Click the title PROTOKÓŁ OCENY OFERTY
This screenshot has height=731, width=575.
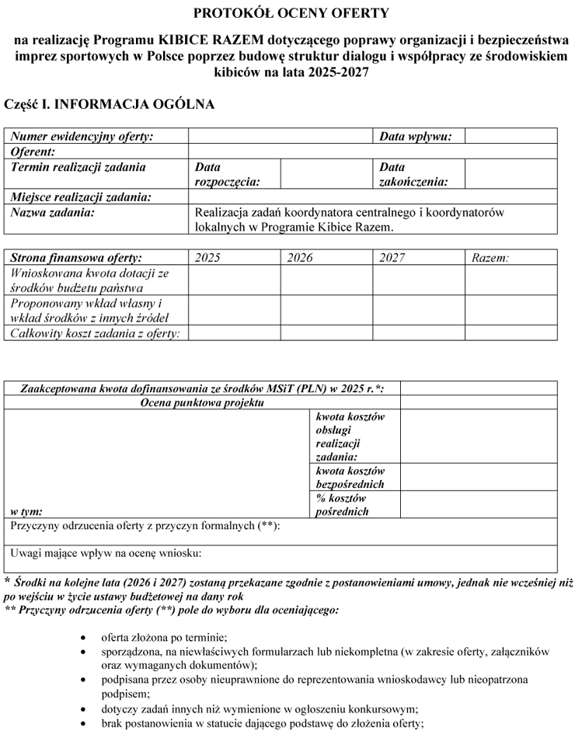coord(291,12)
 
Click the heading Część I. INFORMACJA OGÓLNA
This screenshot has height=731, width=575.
coord(109,103)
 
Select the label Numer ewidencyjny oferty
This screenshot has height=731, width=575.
coord(82,136)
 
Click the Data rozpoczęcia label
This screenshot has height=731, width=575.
coord(226,174)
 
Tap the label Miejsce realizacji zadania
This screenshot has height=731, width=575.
coord(81,197)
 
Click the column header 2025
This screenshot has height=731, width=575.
coord(207,258)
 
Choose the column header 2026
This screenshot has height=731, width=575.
coord(299,258)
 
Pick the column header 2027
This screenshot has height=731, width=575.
coord(392,258)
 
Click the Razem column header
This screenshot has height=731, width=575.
coord(490,258)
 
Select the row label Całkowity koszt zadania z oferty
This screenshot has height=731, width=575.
coord(95,333)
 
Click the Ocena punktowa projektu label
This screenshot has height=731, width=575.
coord(202,402)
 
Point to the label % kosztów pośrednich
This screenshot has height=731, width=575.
coord(343,505)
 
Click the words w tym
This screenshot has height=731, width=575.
coord(26,511)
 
